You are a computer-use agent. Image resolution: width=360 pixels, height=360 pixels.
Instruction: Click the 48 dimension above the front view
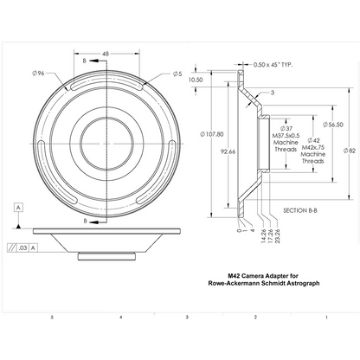click(106, 54)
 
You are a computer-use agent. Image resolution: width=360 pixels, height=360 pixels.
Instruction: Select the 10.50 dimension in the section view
click(196, 79)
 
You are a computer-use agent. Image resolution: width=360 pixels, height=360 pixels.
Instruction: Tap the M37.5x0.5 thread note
click(285, 137)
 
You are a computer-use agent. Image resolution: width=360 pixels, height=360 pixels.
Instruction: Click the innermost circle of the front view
click(106, 137)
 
